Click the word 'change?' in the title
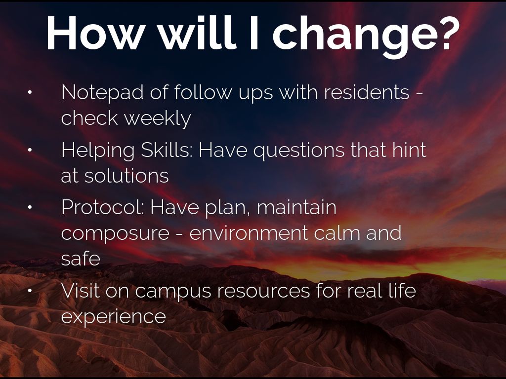(x=366, y=36)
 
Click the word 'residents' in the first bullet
(x=367, y=92)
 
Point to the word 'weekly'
(x=158, y=119)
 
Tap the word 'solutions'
(x=126, y=176)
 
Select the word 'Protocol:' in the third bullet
(x=103, y=207)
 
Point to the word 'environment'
(x=249, y=233)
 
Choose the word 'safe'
(x=81, y=259)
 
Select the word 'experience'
(x=114, y=317)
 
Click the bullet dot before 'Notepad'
(x=30, y=92)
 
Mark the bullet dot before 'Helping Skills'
(x=30, y=150)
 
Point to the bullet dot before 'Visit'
(x=30, y=290)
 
